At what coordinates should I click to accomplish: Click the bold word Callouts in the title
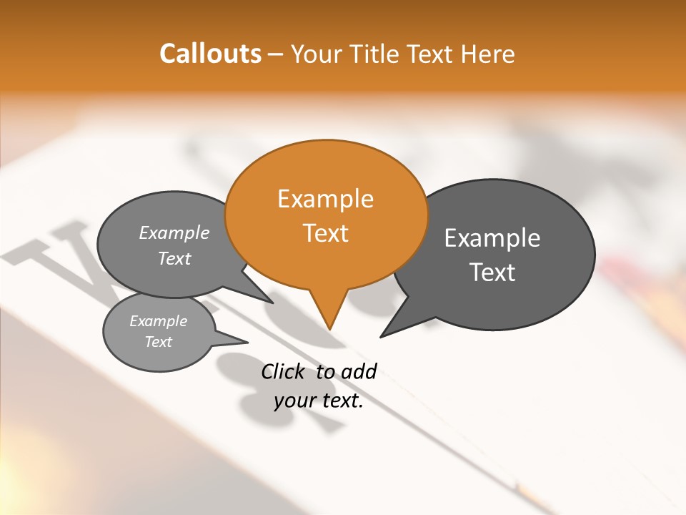(210, 54)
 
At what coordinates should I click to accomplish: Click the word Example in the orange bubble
(325, 199)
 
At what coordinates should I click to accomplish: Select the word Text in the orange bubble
(326, 233)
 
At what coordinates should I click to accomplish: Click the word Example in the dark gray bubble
(492, 238)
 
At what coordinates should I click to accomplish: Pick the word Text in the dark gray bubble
(492, 273)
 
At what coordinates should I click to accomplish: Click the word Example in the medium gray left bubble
(174, 233)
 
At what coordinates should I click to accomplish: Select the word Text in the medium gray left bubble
(174, 258)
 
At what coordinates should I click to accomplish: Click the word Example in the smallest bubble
(159, 321)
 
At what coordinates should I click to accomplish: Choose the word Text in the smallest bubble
(159, 342)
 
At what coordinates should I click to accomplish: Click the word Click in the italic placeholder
(284, 371)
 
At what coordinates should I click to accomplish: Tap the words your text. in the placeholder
(319, 401)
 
